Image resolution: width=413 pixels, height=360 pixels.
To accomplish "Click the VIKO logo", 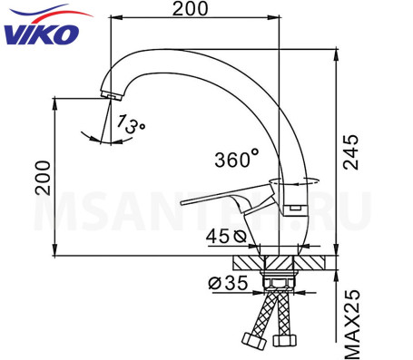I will click(x=42, y=32).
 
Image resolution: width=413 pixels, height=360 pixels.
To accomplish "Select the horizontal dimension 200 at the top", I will click(x=190, y=9).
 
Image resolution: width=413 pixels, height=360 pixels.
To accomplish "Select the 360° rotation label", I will click(x=237, y=160).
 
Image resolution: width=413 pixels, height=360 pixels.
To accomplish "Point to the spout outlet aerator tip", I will click(x=111, y=94).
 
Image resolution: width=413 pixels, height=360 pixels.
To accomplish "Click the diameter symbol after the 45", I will click(x=238, y=237).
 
